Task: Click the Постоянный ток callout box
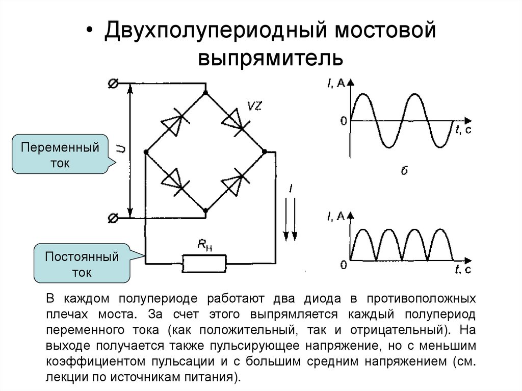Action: point(82,264)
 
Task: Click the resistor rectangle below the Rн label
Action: point(204,263)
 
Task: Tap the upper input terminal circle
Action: point(114,84)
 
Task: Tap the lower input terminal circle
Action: point(114,218)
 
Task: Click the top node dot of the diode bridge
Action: point(205,93)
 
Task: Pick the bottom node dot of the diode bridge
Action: point(205,210)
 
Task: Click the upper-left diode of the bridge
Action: point(173,123)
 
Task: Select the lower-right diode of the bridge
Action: point(236,181)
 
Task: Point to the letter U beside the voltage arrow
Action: point(121,149)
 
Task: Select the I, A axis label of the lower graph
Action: point(335,217)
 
